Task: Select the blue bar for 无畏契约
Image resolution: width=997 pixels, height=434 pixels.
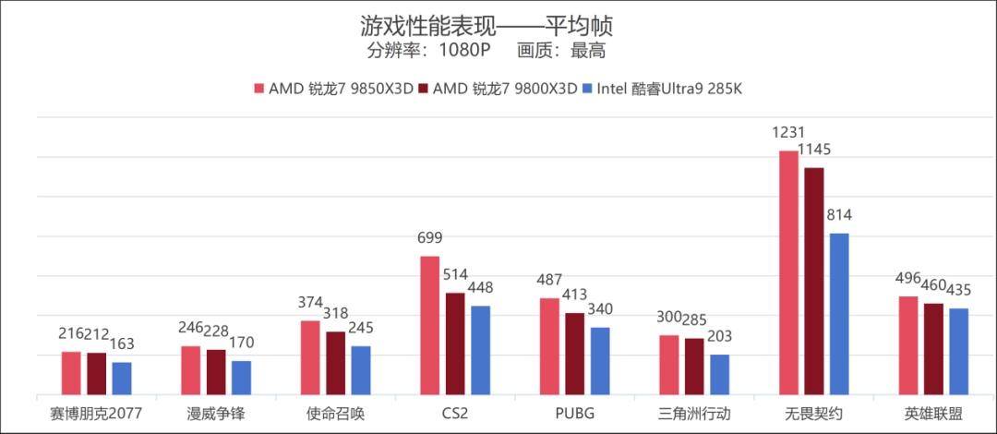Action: [839, 314]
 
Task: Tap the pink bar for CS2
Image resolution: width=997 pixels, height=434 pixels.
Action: [430, 325]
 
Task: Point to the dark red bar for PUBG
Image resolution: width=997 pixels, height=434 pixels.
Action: [574, 354]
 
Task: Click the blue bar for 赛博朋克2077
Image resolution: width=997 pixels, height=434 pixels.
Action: [122, 378]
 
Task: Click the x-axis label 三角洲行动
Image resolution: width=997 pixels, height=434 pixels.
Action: [694, 414]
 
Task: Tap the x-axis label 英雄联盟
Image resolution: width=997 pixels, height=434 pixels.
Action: [933, 414]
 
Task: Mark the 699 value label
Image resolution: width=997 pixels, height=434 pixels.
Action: [430, 238]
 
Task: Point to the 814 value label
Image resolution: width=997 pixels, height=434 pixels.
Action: [839, 216]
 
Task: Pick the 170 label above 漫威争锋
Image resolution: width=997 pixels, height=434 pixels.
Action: [241, 344]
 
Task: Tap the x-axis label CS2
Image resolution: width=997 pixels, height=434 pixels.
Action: [455, 414]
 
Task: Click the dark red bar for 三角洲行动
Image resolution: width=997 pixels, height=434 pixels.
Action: [694, 366]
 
